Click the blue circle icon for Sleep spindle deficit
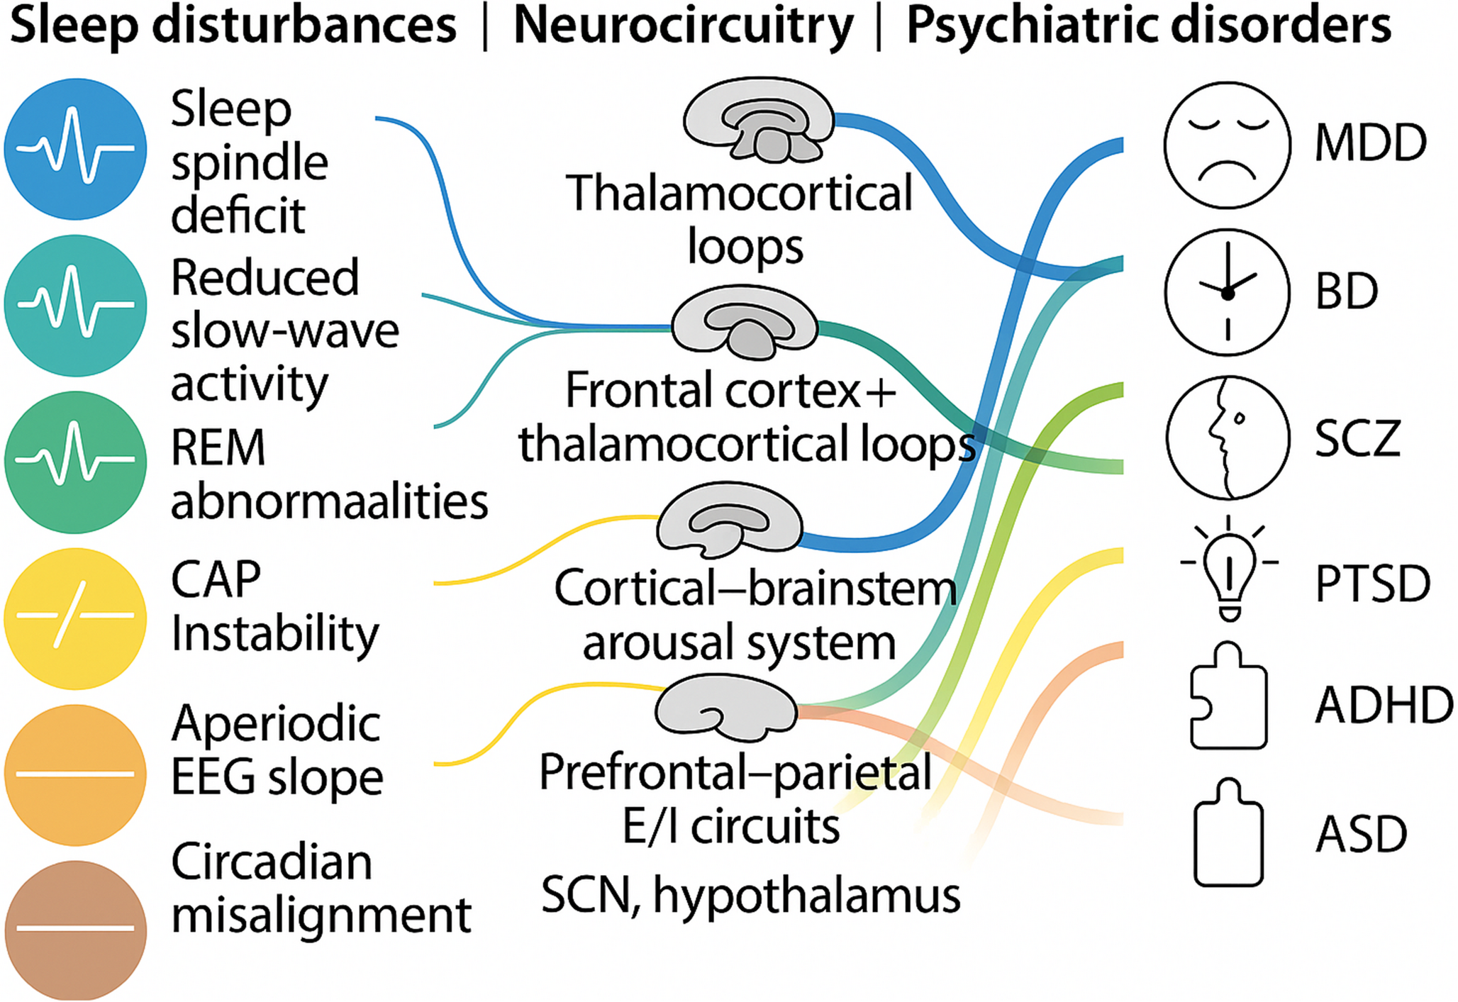[75, 149]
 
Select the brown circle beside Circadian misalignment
[75, 929]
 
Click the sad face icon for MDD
[1227, 144]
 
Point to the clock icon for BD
[1227, 291]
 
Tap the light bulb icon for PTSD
[1228, 572]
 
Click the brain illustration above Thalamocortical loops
[759, 121]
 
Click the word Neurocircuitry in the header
[683, 26]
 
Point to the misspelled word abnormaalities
[330, 501]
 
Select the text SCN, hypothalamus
[750, 895]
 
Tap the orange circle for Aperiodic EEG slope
[75, 774]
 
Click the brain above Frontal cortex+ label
[745, 323]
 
